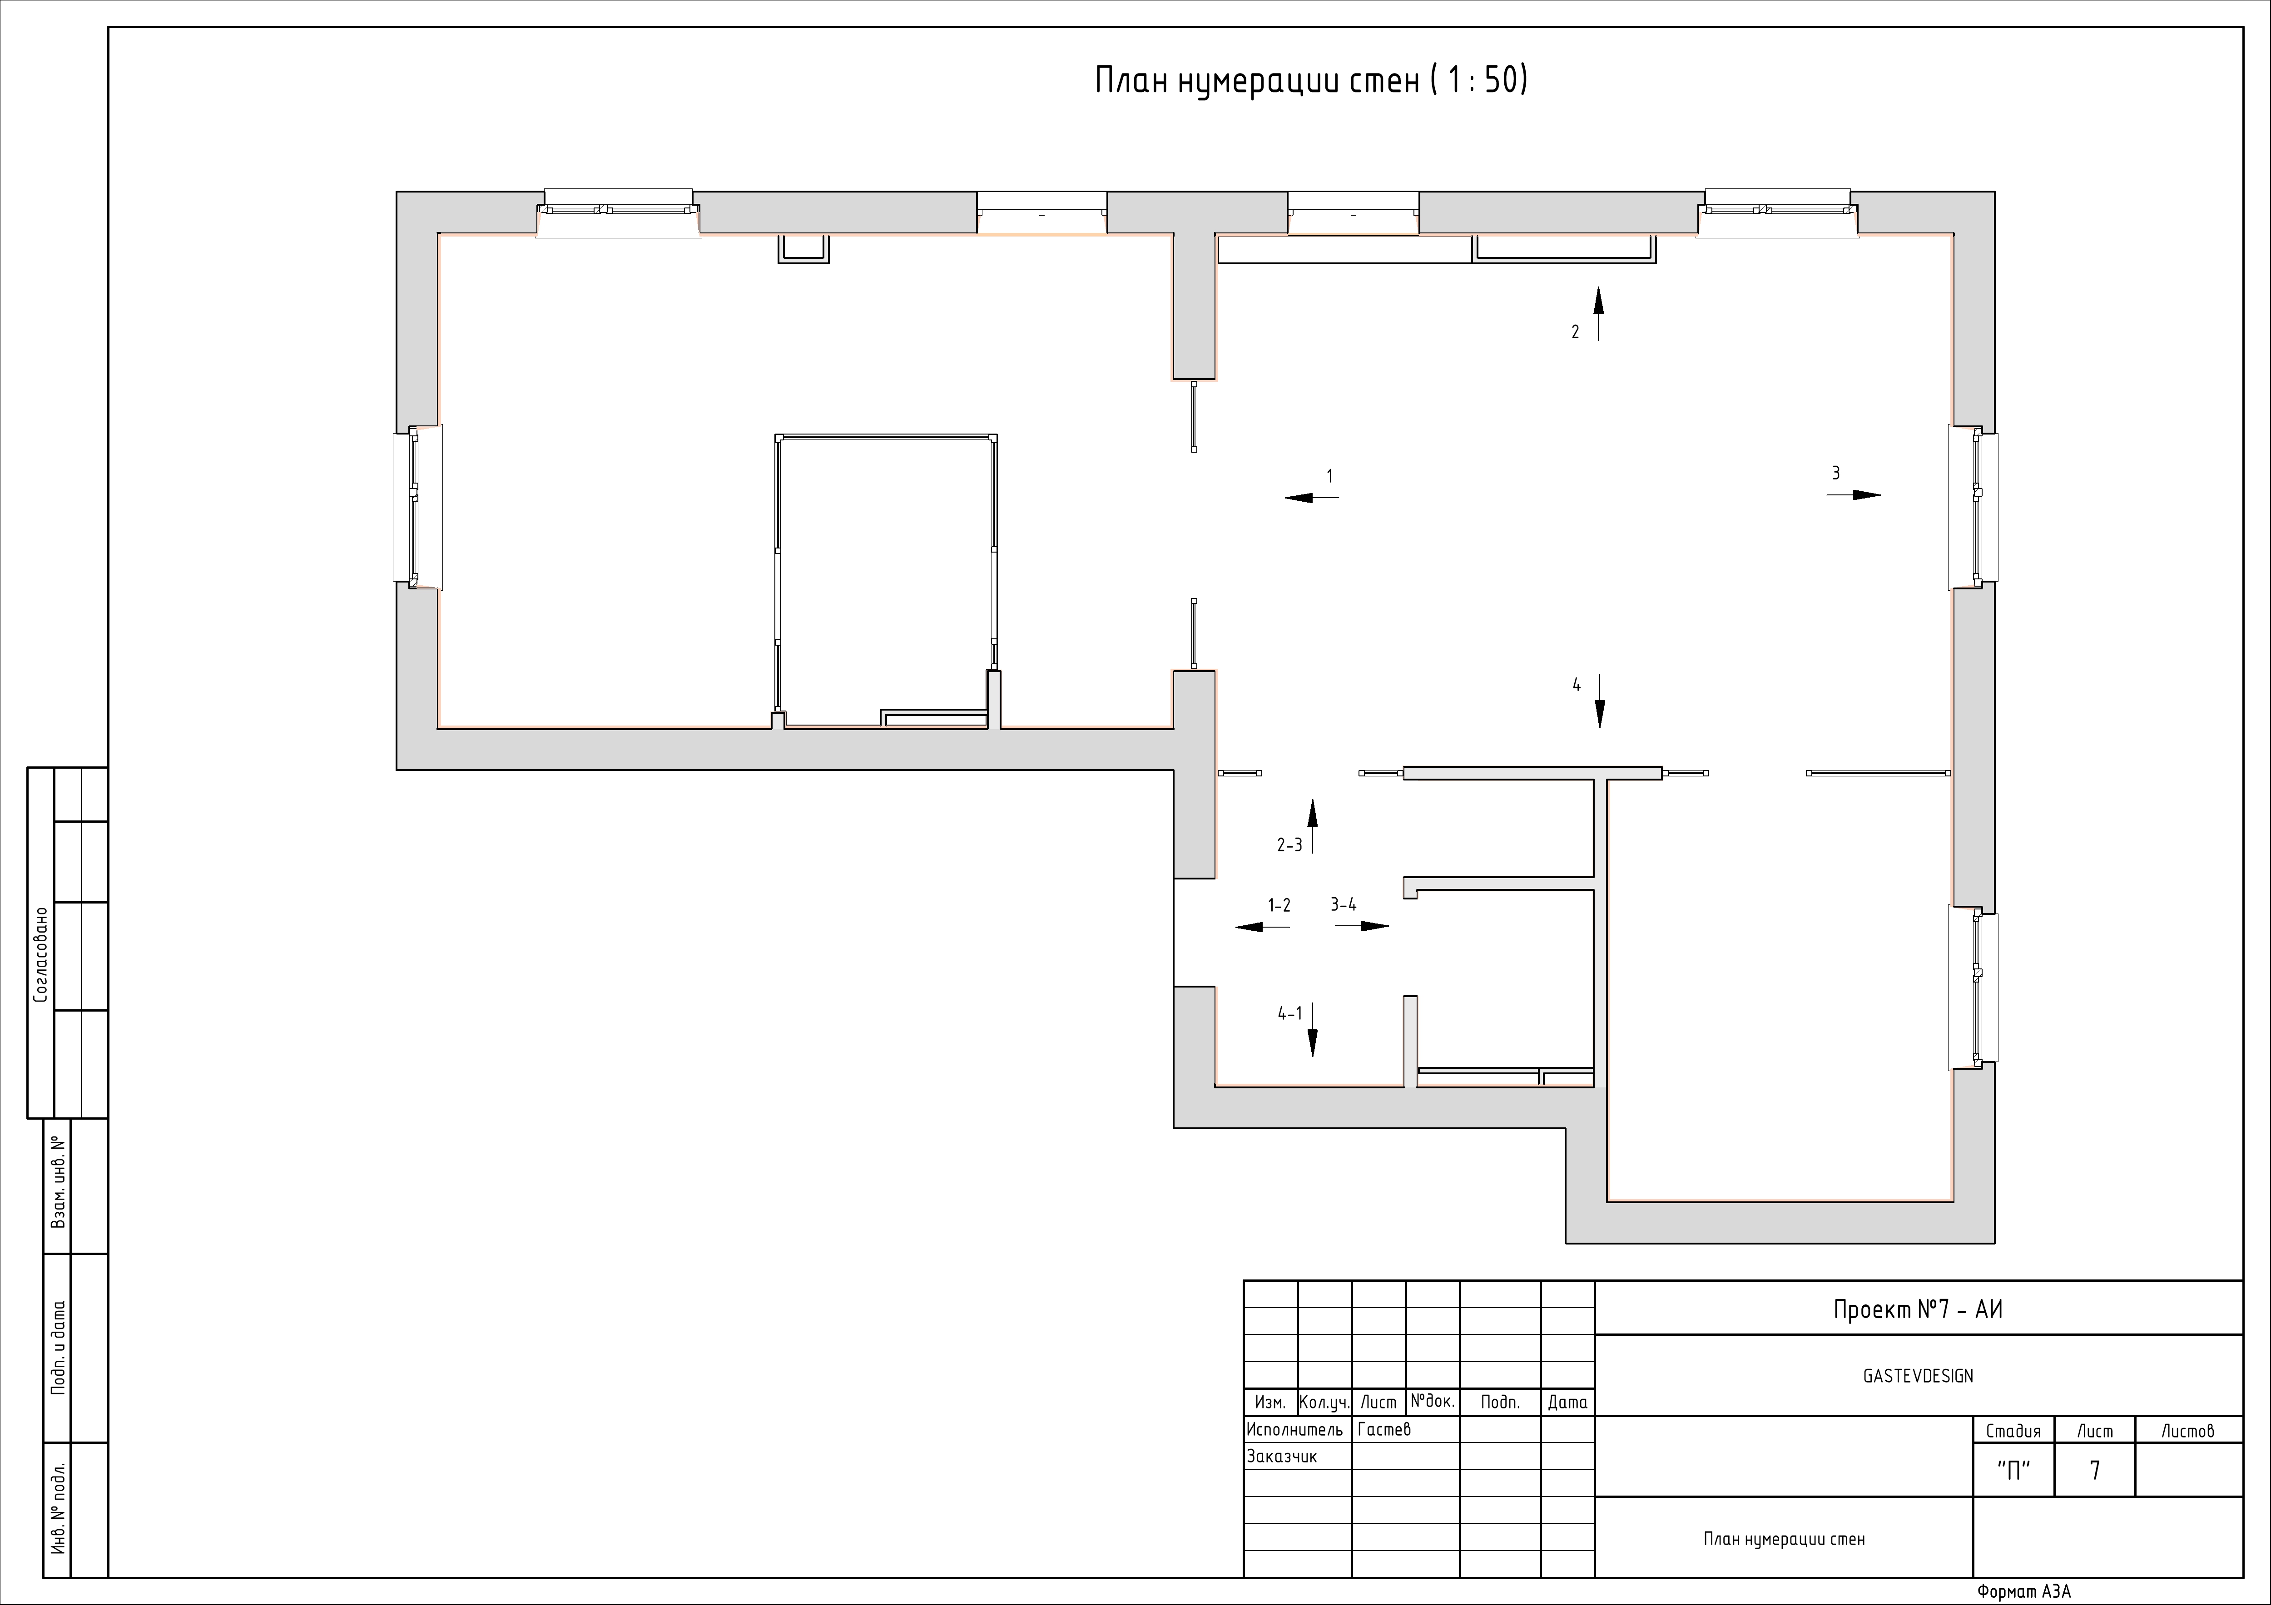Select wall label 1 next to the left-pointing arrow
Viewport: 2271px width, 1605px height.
(1329, 477)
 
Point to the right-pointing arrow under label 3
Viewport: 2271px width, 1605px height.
(1853, 494)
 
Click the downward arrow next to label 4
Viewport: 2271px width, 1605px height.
(1599, 701)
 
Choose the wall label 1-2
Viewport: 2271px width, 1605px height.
(1279, 905)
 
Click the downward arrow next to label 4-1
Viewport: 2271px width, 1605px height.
(1313, 1029)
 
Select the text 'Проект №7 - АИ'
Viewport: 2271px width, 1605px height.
(1918, 1310)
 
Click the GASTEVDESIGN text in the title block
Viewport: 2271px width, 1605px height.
(1918, 1376)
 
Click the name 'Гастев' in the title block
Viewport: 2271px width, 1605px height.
(1384, 1429)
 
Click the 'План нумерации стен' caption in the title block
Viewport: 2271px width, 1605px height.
(1785, 1539)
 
